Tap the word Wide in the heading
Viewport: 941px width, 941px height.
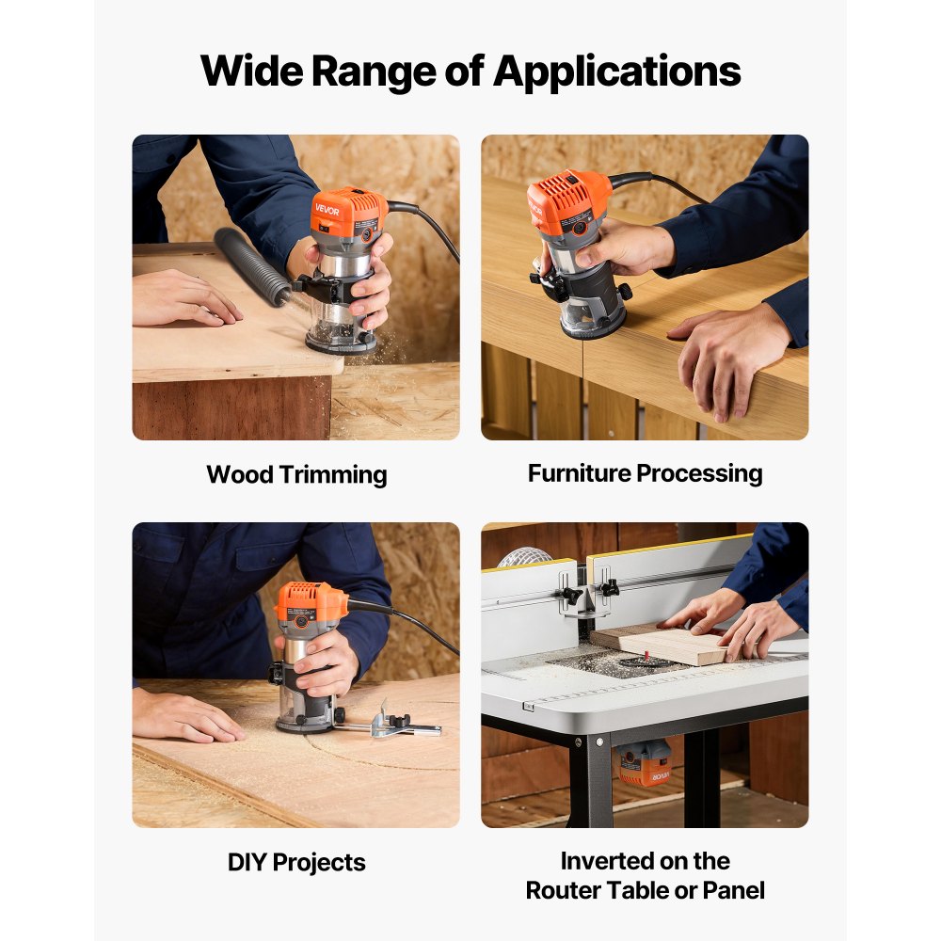click(x=252, y=71)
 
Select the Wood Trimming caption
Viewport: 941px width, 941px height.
click(x=296, y=474)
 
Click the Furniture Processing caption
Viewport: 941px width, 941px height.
click(x=646, y=473)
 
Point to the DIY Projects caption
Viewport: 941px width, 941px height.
click(x=296, y=862)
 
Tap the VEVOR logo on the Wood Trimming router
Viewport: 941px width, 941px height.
click(x=327, y=211)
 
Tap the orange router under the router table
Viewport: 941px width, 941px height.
click(x=644, y=763)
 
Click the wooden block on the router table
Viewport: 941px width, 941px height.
click(x=661, y=643)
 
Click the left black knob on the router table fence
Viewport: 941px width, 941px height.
click(x=571, y=596)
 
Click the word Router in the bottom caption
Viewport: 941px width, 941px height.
click(x=564, y=890)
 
